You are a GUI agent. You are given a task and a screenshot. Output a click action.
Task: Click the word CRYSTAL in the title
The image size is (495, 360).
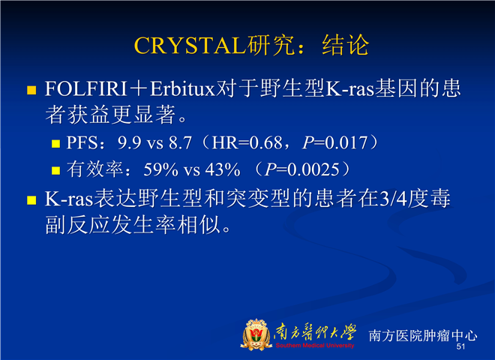tap(190, 46)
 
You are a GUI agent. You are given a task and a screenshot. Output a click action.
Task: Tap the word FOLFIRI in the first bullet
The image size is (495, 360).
tap(85, 88)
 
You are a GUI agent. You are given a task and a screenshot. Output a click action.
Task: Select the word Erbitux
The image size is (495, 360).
tap(182, 88)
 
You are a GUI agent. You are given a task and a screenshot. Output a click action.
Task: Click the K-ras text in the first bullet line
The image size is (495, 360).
tap(349, 88)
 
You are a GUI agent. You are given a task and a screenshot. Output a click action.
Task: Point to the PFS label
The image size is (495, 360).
tap(82, 142)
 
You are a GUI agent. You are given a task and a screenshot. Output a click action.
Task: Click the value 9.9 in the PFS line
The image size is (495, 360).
tap(130, 142)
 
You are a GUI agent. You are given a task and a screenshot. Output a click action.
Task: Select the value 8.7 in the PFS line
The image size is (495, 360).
tap(180, 142)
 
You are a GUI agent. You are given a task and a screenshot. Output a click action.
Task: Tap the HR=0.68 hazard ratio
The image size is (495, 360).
tap(247, 142)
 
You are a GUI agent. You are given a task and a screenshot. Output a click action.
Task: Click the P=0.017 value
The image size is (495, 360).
tap(335, 142)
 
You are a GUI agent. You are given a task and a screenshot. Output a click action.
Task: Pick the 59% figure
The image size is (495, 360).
tap(161, 169)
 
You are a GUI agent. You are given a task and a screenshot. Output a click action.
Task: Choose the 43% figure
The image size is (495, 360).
tap(223, 169)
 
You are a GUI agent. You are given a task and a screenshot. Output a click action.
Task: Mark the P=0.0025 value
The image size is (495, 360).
tap(302, 169)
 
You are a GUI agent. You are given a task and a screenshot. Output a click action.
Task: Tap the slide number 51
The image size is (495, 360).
tap(460, 346)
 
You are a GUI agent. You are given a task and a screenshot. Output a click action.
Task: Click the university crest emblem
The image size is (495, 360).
tap(256, 334)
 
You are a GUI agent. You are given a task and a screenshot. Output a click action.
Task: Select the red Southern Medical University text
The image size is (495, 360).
tap(315, 346)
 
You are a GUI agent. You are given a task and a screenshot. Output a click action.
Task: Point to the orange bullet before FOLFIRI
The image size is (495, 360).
tap(31, 90)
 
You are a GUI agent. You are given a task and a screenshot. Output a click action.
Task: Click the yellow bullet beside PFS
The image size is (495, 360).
tap(56, 144)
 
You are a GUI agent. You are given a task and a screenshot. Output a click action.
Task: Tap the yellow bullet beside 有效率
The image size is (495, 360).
tap(56, 171)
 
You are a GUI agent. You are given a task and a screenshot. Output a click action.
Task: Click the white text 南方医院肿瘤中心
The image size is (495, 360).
tap(423, 335)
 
